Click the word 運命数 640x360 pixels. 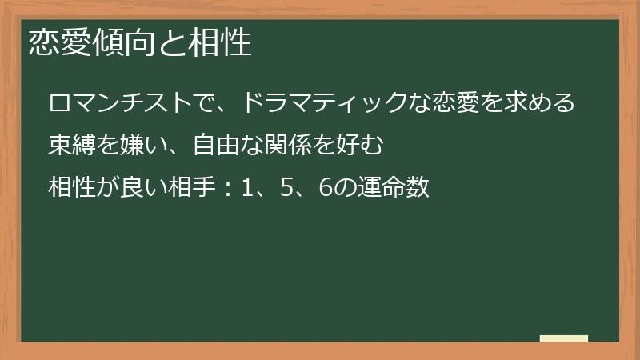[x=394, y=189]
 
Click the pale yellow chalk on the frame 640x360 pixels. [x=564, y=338]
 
